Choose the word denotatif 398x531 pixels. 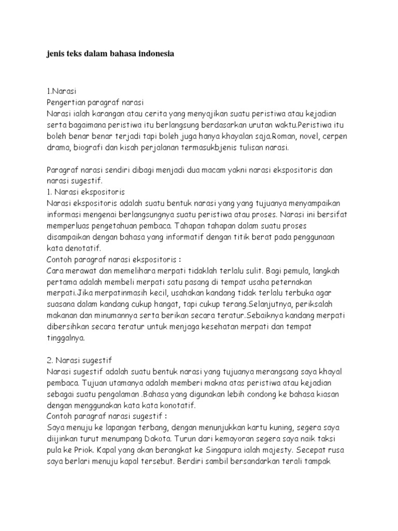point(88,248)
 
